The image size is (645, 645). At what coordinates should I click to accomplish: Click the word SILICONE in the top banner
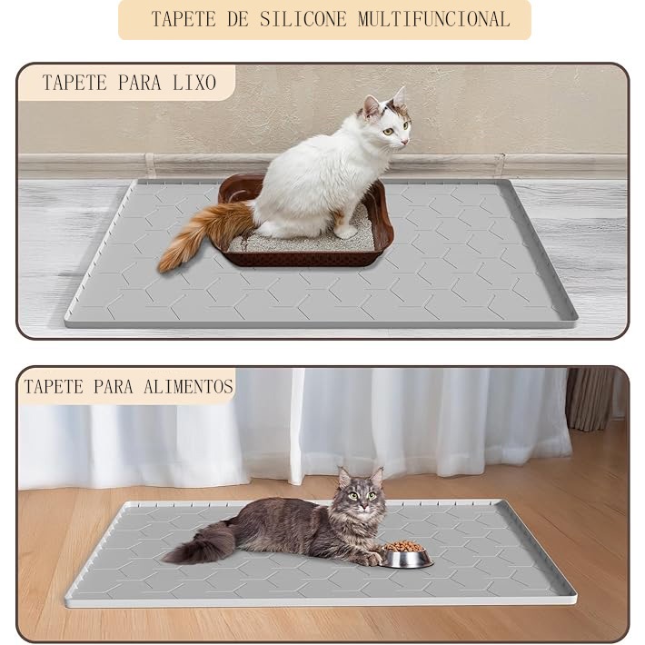(x=303, y=19)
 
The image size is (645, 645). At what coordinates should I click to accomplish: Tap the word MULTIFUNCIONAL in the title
(x=434, y=19)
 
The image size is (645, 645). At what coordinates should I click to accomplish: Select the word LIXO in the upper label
(x=194, y=83)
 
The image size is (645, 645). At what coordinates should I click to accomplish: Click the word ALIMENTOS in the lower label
(x=188, y=387)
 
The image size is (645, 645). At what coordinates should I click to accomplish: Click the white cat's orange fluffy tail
(x=203, y=233)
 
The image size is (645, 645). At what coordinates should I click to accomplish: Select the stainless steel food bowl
(x=407, y=555)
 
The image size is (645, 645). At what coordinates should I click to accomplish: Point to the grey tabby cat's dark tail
(x=202, y=542)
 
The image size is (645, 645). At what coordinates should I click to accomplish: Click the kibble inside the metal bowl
(x=405, y=546)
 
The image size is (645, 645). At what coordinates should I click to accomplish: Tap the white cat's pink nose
(x=406, y=142)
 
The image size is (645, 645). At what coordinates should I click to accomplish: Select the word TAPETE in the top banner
(x=184, y=19)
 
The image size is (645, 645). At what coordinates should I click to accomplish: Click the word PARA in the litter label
(x=140, y=83)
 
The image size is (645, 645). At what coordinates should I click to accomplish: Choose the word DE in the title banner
(x=238, y=19)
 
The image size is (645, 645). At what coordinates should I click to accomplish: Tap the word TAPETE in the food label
(x=54, y=387)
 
